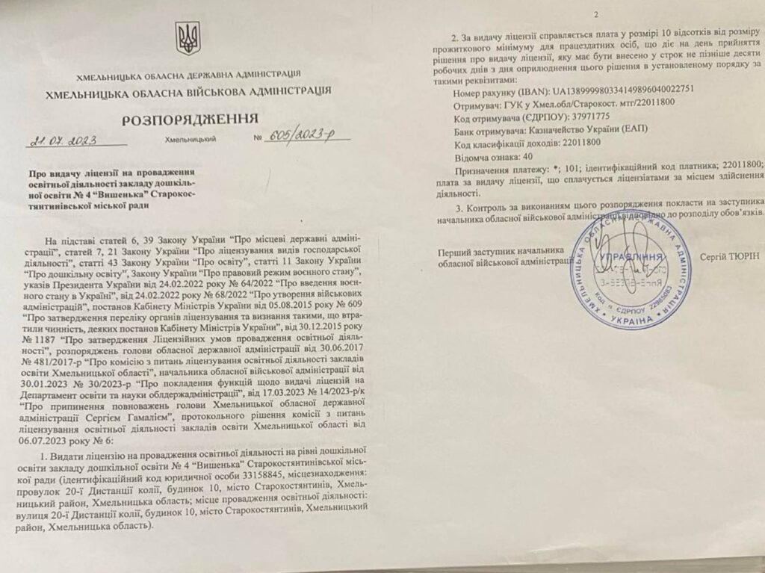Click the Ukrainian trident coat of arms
[x=187, y=37]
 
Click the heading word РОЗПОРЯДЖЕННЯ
[x=190, y=119]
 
